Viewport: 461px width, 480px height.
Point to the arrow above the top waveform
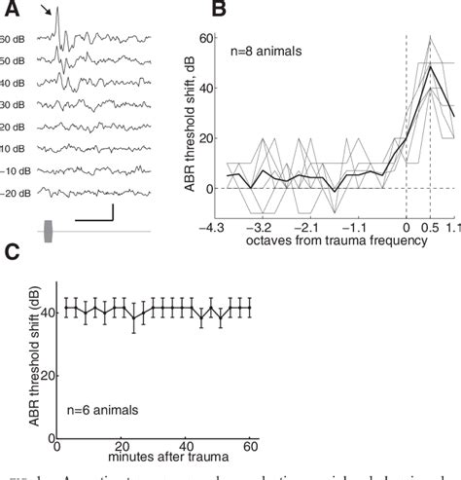[48, 12]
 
